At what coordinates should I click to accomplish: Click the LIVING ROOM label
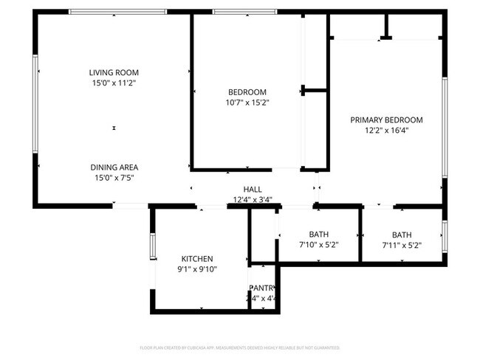point(114,72)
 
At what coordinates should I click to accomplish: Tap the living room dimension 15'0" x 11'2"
point(114,83)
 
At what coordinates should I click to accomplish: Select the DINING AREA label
point(114,167)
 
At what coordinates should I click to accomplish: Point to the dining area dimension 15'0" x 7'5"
point(114,178)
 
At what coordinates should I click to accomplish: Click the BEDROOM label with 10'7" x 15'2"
point(247,91)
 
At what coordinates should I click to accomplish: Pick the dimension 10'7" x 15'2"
point(247,103)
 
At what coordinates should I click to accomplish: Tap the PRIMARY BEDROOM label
point(386,120)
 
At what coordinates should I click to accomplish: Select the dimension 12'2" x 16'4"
point(386,131)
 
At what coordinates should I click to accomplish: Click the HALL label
point(253,189)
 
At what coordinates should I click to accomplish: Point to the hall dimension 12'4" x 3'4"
point(253,199)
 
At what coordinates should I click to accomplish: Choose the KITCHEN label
point(197,258)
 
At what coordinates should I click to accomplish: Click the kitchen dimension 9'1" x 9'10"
point(197,269)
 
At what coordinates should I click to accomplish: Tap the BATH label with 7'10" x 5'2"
point(319,234)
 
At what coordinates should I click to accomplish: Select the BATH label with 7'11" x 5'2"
point(402,234)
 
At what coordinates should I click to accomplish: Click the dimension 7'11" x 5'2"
point(402,245)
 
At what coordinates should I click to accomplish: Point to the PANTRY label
point(262,288)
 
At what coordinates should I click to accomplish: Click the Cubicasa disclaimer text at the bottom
point(239,347)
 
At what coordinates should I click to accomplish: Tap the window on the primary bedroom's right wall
point(445,127)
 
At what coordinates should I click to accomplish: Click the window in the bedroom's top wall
point(244,12)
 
